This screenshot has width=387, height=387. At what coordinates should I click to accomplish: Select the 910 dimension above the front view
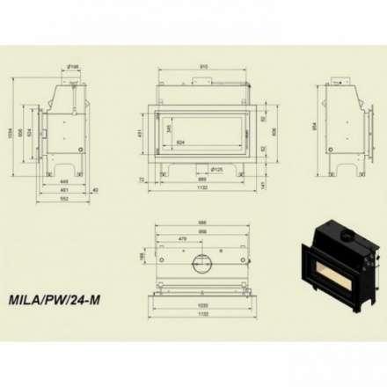point(204,68)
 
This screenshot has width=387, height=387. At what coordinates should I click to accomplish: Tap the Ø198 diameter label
point(74,66)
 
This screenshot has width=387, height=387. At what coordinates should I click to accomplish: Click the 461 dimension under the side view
point(64,189)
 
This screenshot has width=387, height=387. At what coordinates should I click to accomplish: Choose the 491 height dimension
point(149,134)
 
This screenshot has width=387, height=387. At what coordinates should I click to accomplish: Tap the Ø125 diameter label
point(215,169)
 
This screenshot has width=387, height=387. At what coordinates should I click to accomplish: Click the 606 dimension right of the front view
point(274,131)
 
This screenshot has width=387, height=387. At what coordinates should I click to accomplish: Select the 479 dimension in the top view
point(182,238)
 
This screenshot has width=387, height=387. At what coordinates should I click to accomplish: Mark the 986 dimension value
point(203,222)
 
